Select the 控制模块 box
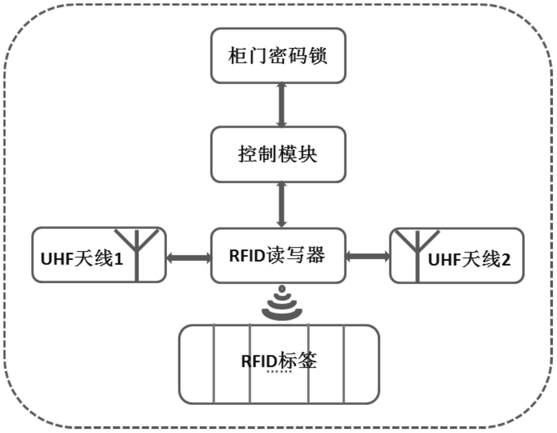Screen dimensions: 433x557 tap(278, 155)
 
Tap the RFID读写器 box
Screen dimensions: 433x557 tap(278, 255)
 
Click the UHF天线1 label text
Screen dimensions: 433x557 tap(82, 259)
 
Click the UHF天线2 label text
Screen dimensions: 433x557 tap(469, 260)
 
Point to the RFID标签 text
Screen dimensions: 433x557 tap(279, 361)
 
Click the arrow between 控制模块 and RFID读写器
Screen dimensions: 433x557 tap(281, 204)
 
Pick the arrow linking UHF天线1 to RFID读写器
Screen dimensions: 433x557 tap(189, 258)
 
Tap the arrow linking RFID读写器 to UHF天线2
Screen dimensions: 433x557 tap(367, 256)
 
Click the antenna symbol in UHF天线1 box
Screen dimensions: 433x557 tap(137, 251)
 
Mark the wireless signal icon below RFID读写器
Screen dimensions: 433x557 tap(282, 305)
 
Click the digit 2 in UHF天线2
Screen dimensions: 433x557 tap(506, 260)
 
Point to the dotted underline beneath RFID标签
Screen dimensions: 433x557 tap(279, 372)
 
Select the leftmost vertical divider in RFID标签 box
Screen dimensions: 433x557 tap(214, 364)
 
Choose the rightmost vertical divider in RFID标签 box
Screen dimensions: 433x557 tap(344, 364)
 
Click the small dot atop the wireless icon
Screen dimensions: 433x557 tap(282, 289)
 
